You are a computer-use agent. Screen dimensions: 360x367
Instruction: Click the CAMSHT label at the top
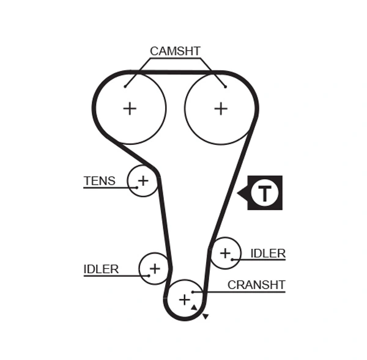point(175,51)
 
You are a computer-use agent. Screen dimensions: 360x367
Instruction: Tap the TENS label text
point(99,180)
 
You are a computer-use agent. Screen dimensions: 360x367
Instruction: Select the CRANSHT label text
point(256,284)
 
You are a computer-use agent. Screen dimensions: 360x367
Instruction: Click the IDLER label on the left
point(101,269)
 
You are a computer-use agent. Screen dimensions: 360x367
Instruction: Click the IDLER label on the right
point(268,253)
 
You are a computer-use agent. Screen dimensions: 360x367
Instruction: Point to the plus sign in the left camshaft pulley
point(130,109)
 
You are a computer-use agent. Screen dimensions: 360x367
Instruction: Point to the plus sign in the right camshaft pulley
point(221,109)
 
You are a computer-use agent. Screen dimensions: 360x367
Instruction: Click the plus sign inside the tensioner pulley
point(143,180)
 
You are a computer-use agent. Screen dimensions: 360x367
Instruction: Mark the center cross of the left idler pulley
point(155,268)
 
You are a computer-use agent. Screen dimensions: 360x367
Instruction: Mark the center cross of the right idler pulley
point(226,252)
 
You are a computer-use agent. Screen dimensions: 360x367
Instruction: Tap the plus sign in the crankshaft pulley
point(184,299)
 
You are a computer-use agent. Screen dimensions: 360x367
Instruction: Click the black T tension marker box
point(265,193)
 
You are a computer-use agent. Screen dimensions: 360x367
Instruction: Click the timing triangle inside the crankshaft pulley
point(194,307)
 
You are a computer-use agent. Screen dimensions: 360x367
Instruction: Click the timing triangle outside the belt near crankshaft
point(206,317)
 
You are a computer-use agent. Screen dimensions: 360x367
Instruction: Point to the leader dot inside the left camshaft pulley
point(125,86)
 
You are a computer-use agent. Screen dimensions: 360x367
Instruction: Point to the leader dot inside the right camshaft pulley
point(225,86)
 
